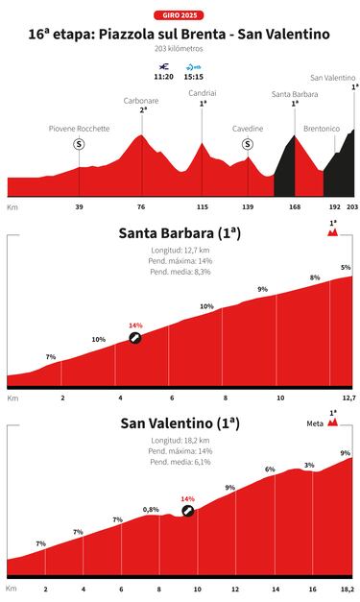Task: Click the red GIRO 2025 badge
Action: coord(180,16)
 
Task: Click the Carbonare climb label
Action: coord(141,100)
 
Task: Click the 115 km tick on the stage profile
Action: coord(202,206)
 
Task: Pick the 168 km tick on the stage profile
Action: coord(295,206)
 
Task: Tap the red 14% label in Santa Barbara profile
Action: coord(135,325)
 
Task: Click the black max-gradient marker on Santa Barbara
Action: coord(135,338)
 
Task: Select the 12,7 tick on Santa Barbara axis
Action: coord(348,397)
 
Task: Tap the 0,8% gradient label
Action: coord(151,509)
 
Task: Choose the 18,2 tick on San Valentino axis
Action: coord(347,588)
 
